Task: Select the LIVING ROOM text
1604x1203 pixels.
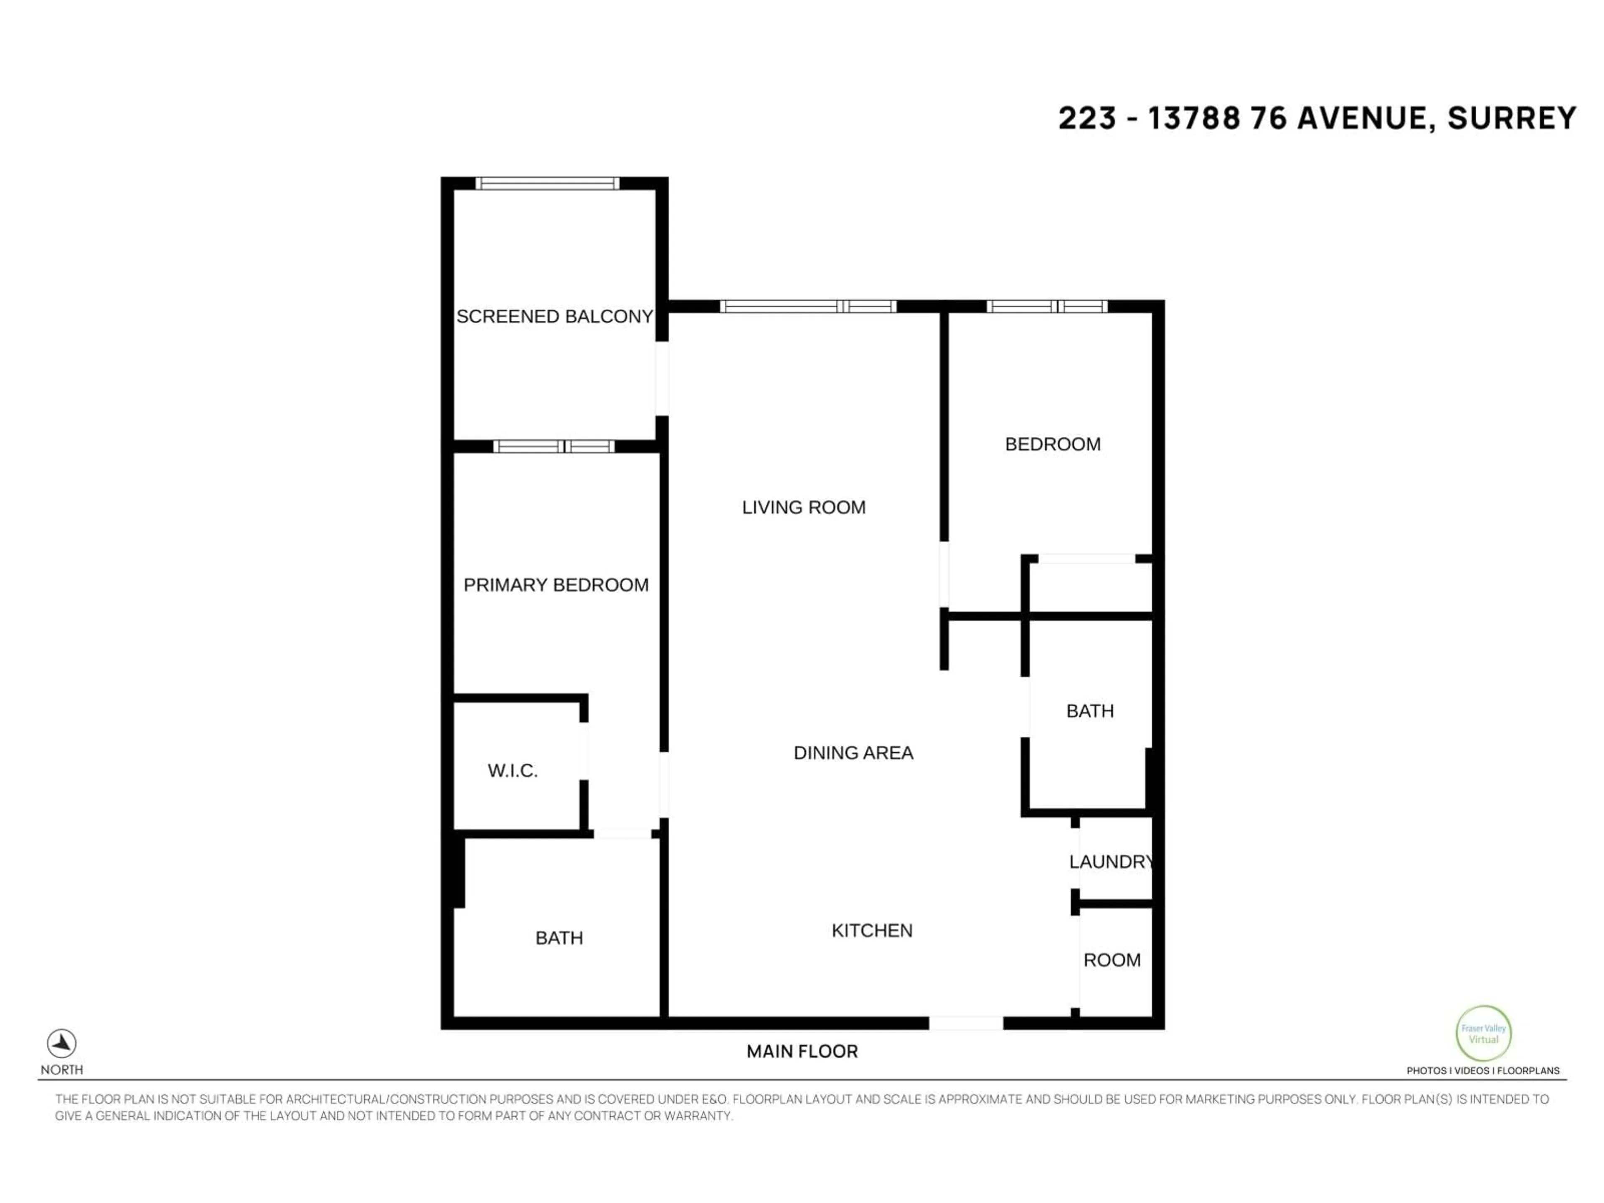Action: tap(803, 508)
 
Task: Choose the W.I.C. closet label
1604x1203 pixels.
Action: tap(513, 771)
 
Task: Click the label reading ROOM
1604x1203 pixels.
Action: tap(1112, 960)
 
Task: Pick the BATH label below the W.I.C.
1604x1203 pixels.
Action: tap(558, 938)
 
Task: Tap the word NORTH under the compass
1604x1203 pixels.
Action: tap(62, 1070)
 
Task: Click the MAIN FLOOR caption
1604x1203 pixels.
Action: tap(802, 1051)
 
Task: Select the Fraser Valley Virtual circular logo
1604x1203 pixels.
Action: tap(1483, 1033)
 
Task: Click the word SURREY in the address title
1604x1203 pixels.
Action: tap(1512, 118)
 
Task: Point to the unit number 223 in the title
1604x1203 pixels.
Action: tap(1086, 118)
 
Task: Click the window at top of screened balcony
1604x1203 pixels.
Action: tap(548, 183)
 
